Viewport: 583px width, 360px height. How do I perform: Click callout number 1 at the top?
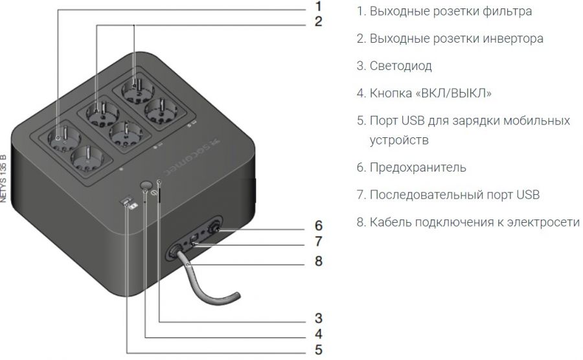[x=318, y=6]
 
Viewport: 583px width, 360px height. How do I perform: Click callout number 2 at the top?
[x=318, y=21]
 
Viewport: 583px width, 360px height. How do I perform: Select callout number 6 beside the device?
[x=319, y=226]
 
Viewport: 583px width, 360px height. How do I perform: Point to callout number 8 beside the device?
[x=319, y=262]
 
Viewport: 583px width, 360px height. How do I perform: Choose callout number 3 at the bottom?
[x=319, y=318]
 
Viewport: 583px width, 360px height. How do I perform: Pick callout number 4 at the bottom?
[x=319, y=334]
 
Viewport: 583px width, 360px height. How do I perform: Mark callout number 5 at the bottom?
[x=319, y=350]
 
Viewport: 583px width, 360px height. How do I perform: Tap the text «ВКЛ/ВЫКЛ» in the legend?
[x=457, y=93]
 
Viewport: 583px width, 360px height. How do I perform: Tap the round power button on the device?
[x=146, y=183]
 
